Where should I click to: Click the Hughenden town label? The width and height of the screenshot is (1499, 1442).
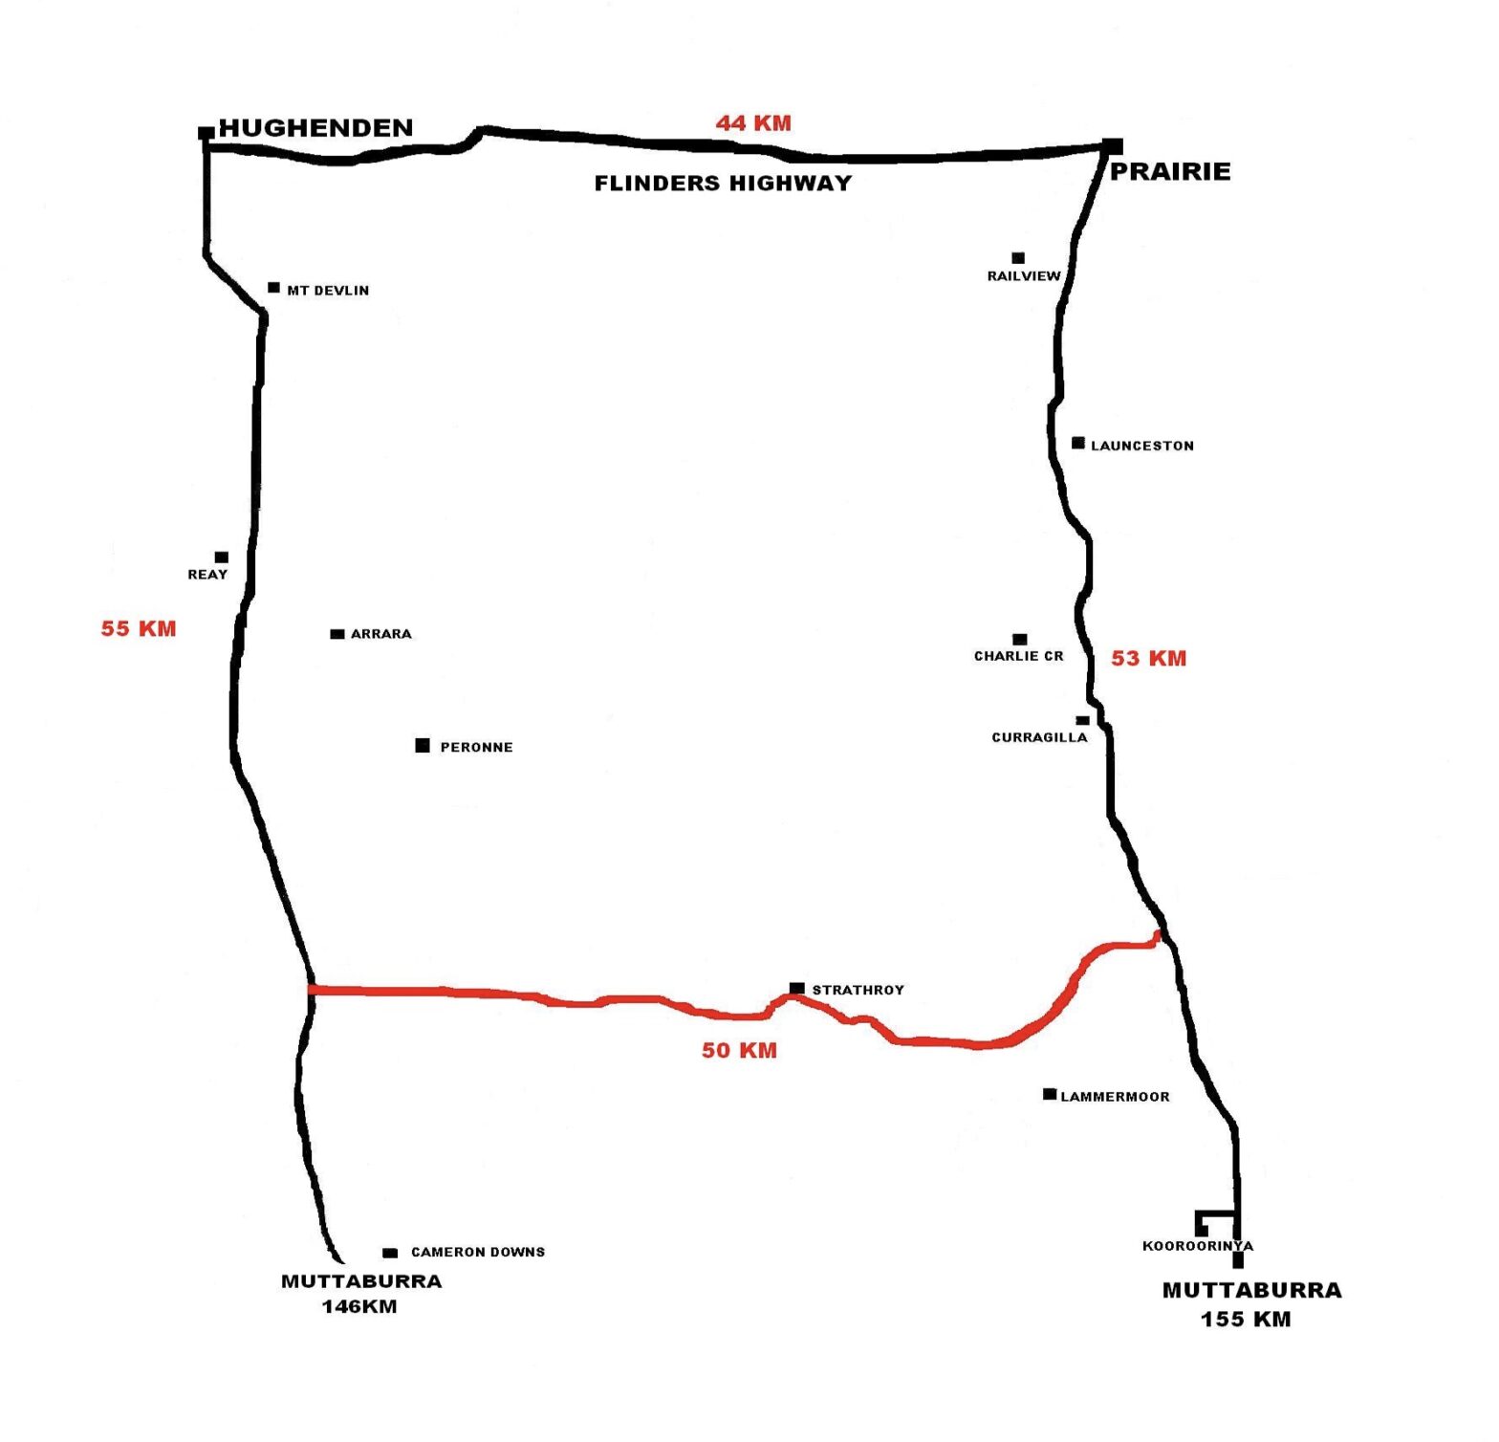[x=315, y=127]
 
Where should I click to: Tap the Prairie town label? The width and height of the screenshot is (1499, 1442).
[x=1170, y=171]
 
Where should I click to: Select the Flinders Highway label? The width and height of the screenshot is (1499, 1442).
[x=723, y=183]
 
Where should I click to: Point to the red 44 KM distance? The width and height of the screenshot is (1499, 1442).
[x=753, y=122]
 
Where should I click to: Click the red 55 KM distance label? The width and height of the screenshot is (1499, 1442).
[x=139, y=628]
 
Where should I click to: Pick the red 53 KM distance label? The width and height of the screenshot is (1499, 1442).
[x=1148, y=658]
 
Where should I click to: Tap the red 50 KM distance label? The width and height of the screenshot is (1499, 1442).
[x=739, y=1050]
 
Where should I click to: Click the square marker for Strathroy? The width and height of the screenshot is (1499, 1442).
[x=796, y=988]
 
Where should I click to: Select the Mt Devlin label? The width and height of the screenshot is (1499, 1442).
[x=328, y=291]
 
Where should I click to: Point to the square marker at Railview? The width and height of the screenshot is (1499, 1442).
[x=1018, y=257]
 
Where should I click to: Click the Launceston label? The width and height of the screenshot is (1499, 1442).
[x=1142, y=446]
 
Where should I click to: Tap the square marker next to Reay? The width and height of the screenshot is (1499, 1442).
[x=222, y=557]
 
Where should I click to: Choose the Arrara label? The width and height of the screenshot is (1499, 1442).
[x=381, y=634]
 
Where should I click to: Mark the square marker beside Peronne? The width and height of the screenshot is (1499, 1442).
[x=423, y=745]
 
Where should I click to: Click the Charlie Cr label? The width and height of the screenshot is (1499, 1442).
[x=1019, y=656]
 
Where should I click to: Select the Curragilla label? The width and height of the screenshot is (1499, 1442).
[x=1039, y=737]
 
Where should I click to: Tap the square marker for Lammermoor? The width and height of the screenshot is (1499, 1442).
[x=1050, y=1094]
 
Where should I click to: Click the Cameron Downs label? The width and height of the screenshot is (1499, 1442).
[x=478, y=1252]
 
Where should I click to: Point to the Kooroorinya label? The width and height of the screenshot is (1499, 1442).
[x=1198, y=1246]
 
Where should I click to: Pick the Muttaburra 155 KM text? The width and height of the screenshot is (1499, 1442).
[x=1251, y=1304]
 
